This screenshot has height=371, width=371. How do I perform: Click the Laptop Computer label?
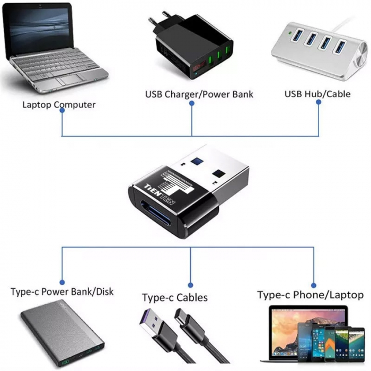pos(59,104)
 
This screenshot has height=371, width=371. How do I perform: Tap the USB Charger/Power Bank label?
pos(199,94)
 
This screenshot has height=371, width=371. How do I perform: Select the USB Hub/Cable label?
pos(317,94)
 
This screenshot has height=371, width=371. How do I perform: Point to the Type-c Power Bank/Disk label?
pos(62,291)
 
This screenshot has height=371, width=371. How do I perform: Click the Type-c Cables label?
pos(175,297)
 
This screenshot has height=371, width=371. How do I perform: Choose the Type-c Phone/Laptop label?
pos(311,295)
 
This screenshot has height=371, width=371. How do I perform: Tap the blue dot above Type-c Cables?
pos(191,285)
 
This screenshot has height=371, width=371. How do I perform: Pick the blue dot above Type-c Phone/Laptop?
pos(314,285)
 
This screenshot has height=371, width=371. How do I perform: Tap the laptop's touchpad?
pos(69,80)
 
